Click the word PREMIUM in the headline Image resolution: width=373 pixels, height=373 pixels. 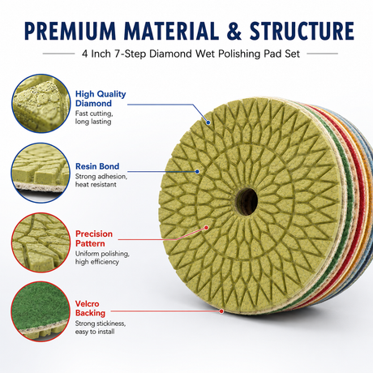click(71, 31)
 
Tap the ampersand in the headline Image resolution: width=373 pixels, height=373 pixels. click(234, 31)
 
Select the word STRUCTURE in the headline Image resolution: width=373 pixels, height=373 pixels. click(302, 31)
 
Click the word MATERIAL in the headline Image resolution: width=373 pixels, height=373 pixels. click(171, 31)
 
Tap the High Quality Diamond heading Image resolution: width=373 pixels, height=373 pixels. click(101, 99)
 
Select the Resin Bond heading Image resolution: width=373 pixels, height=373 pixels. click(97, 166)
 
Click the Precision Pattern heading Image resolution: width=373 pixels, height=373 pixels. click(94, 238)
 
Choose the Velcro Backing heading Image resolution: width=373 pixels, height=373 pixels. click(90, 308)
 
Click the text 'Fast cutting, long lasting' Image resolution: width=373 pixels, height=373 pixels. click(94, 118)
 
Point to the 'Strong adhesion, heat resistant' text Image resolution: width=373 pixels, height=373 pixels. click(101, 181)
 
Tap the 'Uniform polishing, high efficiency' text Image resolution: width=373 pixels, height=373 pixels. click(102, 258)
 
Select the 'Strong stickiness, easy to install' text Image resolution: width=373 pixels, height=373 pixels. click(101, 328)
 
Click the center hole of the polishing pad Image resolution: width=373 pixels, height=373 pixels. click(247, 201)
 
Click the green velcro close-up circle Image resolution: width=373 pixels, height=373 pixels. click(41, 311)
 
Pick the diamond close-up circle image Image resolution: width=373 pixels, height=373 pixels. click(41, 104)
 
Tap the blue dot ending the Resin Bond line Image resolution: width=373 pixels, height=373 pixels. click(197, 172)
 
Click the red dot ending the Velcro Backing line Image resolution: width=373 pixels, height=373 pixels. click(221, 311)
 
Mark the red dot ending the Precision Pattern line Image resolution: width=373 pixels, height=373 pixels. click(206, 228)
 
